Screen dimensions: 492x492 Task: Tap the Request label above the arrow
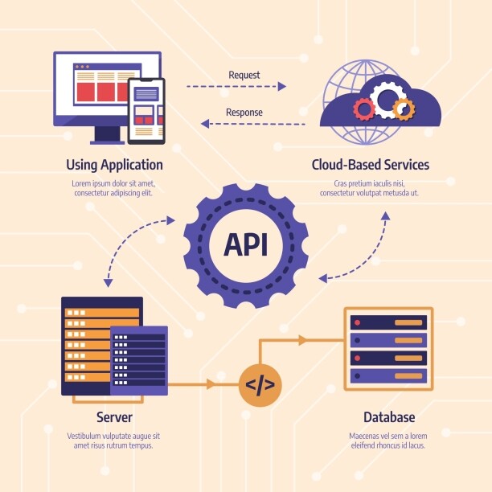click(x=244, y=75)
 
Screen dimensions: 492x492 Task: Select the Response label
click(x=244, y=113)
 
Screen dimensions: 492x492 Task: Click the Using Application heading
click(x=114, y=165)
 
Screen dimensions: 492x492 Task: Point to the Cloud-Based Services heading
click(x=370, y=165)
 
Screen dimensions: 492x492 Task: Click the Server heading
click(x=114, y=417)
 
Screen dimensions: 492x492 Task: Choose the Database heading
click(x=388, y=417)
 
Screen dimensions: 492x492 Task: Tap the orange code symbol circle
click(x=260, y=385)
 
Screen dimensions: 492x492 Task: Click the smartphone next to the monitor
click(x=146, y=110)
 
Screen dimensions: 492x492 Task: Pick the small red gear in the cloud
click(x=364, y=109)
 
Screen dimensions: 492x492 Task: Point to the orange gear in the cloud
click(x=404, y=108)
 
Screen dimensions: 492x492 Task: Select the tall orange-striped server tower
click(x=88, y=346)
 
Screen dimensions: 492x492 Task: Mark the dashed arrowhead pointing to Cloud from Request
click(x=281, y=86)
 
